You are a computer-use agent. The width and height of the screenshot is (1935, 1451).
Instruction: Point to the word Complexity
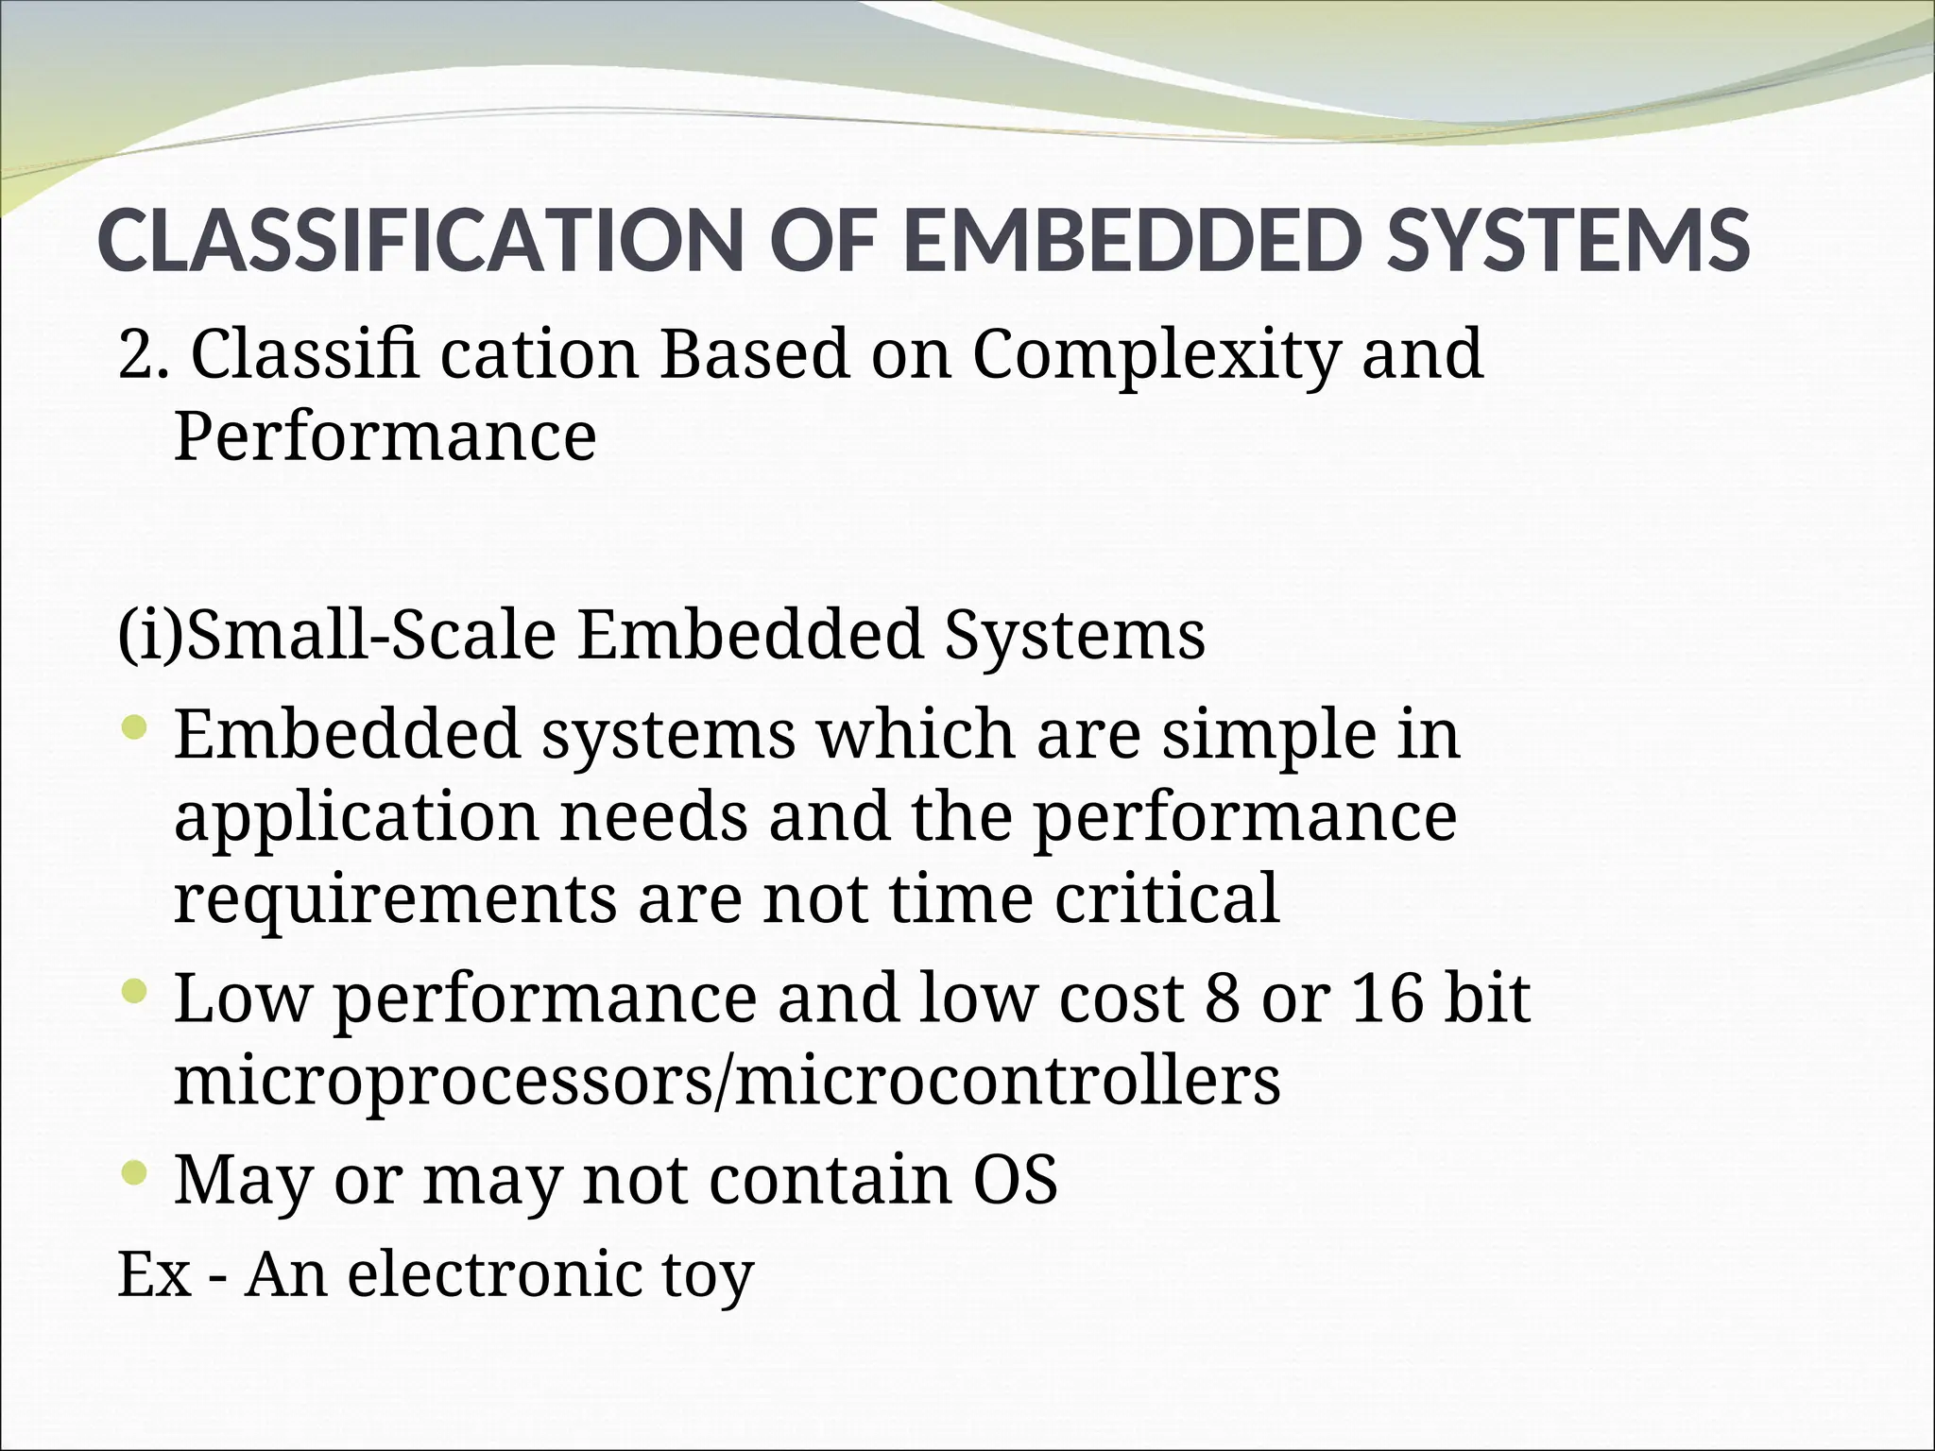pos(1156,355)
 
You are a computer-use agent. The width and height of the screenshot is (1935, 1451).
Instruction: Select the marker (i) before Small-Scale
pos(149,635)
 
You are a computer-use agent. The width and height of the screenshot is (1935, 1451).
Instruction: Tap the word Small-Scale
pos(370,635)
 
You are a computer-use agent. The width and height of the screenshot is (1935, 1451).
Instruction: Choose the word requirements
pos(395,899)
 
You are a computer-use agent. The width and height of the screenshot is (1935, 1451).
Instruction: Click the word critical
pos(1167,897)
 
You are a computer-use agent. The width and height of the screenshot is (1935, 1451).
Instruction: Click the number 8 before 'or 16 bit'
pos(1222,999)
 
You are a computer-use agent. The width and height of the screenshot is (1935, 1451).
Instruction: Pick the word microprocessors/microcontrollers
pos(728,1081)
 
